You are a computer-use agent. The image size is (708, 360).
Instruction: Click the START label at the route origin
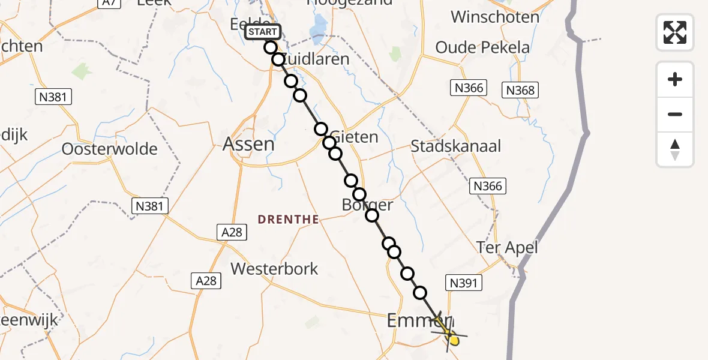pos(263,32)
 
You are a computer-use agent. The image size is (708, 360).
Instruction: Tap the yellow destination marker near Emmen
pos(453,340)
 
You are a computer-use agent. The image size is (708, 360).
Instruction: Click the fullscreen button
pos(675,32)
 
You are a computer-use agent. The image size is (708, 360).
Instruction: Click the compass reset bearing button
pos(675,149)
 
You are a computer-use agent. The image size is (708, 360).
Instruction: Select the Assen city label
pos(248,144)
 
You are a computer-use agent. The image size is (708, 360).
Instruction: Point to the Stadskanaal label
pos(456,146)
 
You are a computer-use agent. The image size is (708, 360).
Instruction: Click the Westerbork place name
pos(274,268)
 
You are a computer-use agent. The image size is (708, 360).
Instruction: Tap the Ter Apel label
pos(507,247)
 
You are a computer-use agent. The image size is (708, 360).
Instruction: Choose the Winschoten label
pos(495,17)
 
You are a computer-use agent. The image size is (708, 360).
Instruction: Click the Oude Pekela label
pos(482,47)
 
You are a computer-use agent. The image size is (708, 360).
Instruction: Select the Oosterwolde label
pos(110,149)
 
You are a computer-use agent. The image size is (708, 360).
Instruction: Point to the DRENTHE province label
pos(289,220)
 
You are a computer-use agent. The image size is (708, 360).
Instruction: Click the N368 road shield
pos(520,91)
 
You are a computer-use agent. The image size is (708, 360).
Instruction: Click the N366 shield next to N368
pos(468,88)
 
